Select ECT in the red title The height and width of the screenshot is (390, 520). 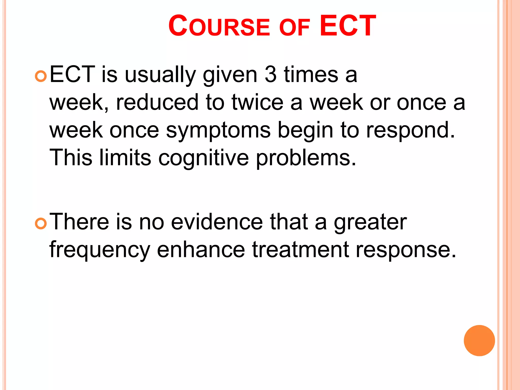[x=348, y=26]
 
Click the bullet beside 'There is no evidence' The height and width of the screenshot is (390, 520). [x=41, y=224]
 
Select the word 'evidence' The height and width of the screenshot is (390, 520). [x=217, y=222]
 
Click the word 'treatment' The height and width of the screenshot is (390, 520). [x=300, y=250]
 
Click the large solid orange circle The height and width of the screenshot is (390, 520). [x=479, y=340]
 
